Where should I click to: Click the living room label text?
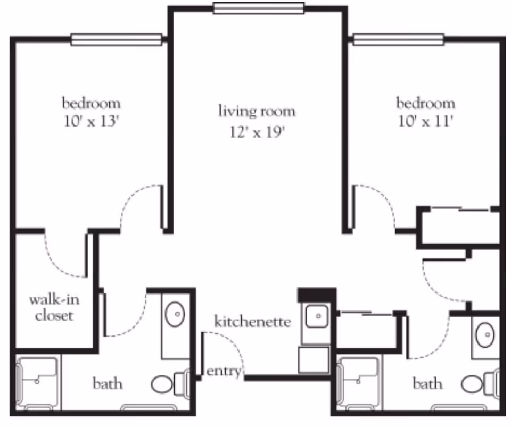pos(257,112)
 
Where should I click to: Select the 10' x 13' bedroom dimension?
pos(91,122)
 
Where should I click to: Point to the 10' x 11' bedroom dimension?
pos(425,122)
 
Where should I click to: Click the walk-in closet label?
pos(54,307)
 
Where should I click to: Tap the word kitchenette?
pos(253,322)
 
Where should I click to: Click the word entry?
pos(224,371)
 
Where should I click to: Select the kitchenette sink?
pos(317,316)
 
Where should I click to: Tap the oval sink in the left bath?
pos(175,315)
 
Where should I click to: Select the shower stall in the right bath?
pos(359,383)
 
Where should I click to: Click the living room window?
pos(259,8)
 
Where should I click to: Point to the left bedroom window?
pos(117,39)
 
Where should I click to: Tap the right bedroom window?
pos(399,39)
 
